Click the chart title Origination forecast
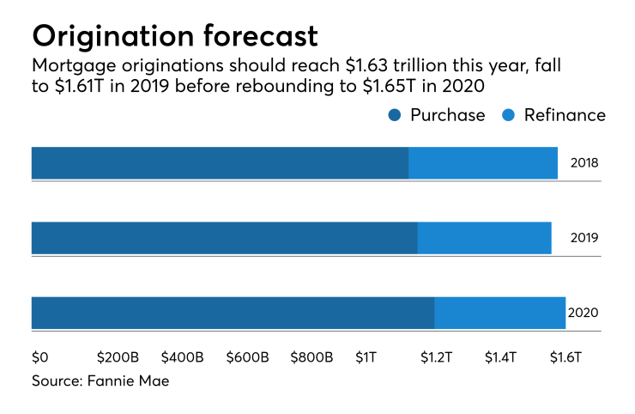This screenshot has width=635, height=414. (175, 35)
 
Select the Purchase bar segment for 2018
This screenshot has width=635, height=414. (220, 162)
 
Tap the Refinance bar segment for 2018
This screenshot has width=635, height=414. (483, 162)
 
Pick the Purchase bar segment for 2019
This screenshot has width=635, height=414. (224, 238)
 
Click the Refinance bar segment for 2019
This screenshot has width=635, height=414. (485, 238)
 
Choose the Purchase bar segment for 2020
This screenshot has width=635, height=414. (233, 313)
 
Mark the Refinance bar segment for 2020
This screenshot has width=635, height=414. (500, 313)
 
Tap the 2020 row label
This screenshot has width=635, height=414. (583, 314)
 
